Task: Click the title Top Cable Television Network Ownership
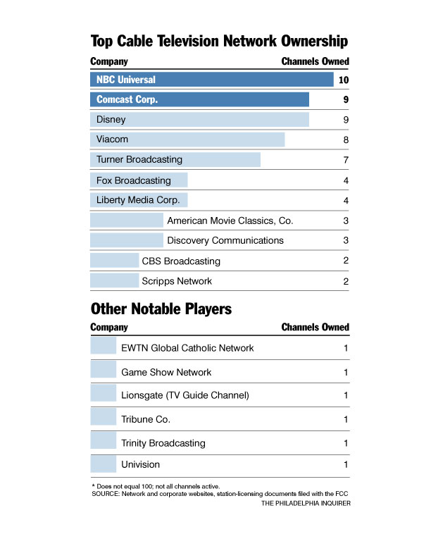[219, 41]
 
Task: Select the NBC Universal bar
[211, 80]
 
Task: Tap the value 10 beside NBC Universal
[344, 80]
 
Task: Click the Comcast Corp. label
[127, 100]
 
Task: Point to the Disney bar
[199, 120]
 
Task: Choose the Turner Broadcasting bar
[175, 160]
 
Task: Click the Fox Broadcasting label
[133, 180]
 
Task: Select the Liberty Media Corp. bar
[139, 200]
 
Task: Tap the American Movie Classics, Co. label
[230, 221]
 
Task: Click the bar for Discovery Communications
[127, 240]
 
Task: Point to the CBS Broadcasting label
[181, 261]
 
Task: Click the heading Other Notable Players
[161, 309]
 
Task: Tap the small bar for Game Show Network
[103, 371]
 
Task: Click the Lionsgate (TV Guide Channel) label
[185, 395]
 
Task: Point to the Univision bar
[103, 464]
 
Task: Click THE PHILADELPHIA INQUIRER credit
[306, 504]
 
